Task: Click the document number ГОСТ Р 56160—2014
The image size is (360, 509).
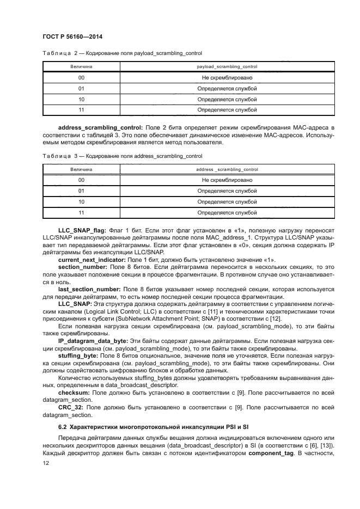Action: [72, 36]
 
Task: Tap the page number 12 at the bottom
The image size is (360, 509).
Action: [46, 463]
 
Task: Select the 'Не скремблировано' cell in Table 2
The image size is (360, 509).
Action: [227, 78]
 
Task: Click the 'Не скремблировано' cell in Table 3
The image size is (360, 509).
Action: [227, 180]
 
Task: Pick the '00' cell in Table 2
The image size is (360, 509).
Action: [81, 78]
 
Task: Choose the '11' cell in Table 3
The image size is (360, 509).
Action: [81, 212]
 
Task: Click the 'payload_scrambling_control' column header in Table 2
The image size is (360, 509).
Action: [227, 66]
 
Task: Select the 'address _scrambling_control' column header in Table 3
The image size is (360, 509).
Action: [227, 169]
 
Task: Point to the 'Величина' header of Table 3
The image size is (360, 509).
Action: [81, 169]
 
